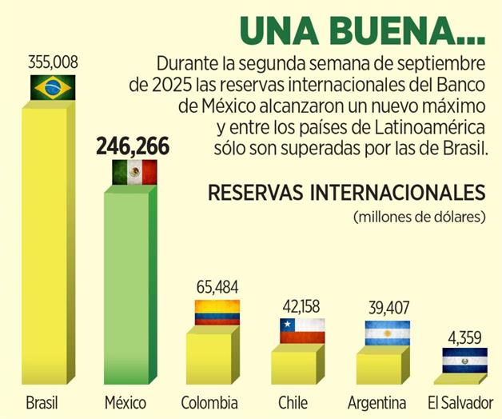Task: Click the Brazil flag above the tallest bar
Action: point(52,87)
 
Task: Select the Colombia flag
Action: point(217,313)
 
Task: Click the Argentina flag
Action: point(387,333)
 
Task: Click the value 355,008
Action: point(52,62)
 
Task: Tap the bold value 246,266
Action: point(133,146)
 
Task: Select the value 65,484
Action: point(217,287)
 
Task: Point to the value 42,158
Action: point(302,305)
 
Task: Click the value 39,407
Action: point(387,309)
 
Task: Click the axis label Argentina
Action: point(377,401)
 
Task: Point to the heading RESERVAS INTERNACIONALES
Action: point(346,194)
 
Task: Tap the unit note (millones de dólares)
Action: point(418,217)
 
